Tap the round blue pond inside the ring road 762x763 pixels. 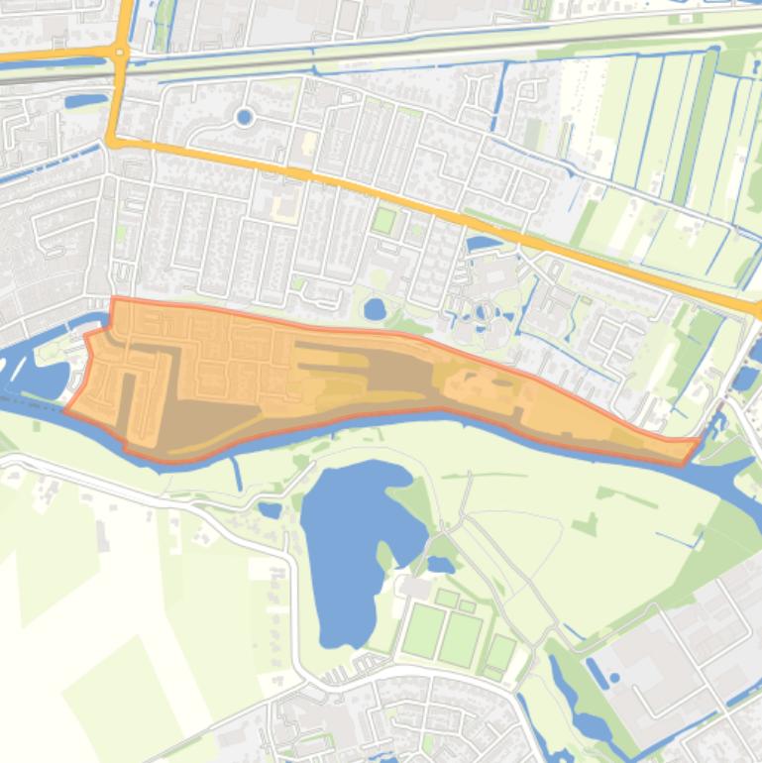click(244, 118)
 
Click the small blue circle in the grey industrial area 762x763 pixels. click(614, 679)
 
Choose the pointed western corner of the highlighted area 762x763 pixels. click(67, 409)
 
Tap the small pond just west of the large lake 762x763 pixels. click(270, 510)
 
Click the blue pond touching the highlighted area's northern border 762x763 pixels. click(375, 310)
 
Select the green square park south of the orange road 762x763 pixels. click(383, 220)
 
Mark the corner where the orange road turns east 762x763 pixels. click(113, 142)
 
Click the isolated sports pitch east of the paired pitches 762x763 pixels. click(501, 653)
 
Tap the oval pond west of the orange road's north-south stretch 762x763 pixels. click(86, 100)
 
